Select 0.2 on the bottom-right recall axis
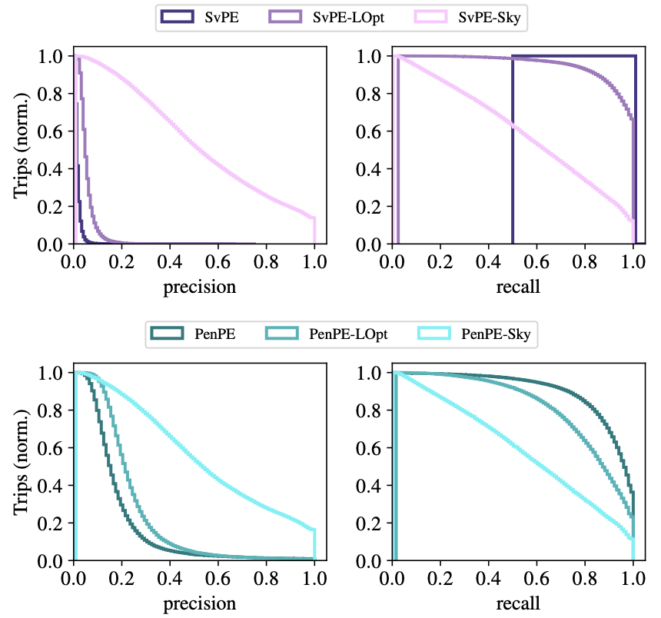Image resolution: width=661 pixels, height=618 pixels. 441,578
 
